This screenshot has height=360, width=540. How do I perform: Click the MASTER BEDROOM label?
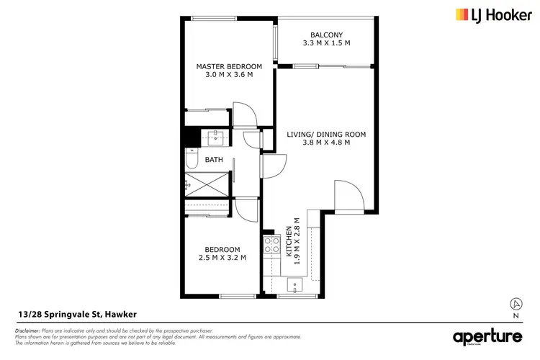(x=229, y=67)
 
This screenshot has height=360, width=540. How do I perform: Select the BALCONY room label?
(x=326, y=35)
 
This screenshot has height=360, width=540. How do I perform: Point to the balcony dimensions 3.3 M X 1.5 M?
(x=326, y=43)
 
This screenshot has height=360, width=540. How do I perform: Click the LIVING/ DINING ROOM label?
(x=327, y=134)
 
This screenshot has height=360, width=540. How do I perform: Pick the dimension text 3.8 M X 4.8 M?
(x=327, y=143)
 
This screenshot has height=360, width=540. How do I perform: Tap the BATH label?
(x=214, y=159)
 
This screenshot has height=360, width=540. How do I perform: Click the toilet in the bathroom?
(x=189, y=158)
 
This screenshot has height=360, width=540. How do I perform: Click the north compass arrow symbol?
(x=515, y=303)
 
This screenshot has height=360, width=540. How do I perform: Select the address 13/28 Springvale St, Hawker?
(x=77, y=314)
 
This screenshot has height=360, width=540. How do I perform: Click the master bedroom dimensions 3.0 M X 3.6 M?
(x=229, y=76)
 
